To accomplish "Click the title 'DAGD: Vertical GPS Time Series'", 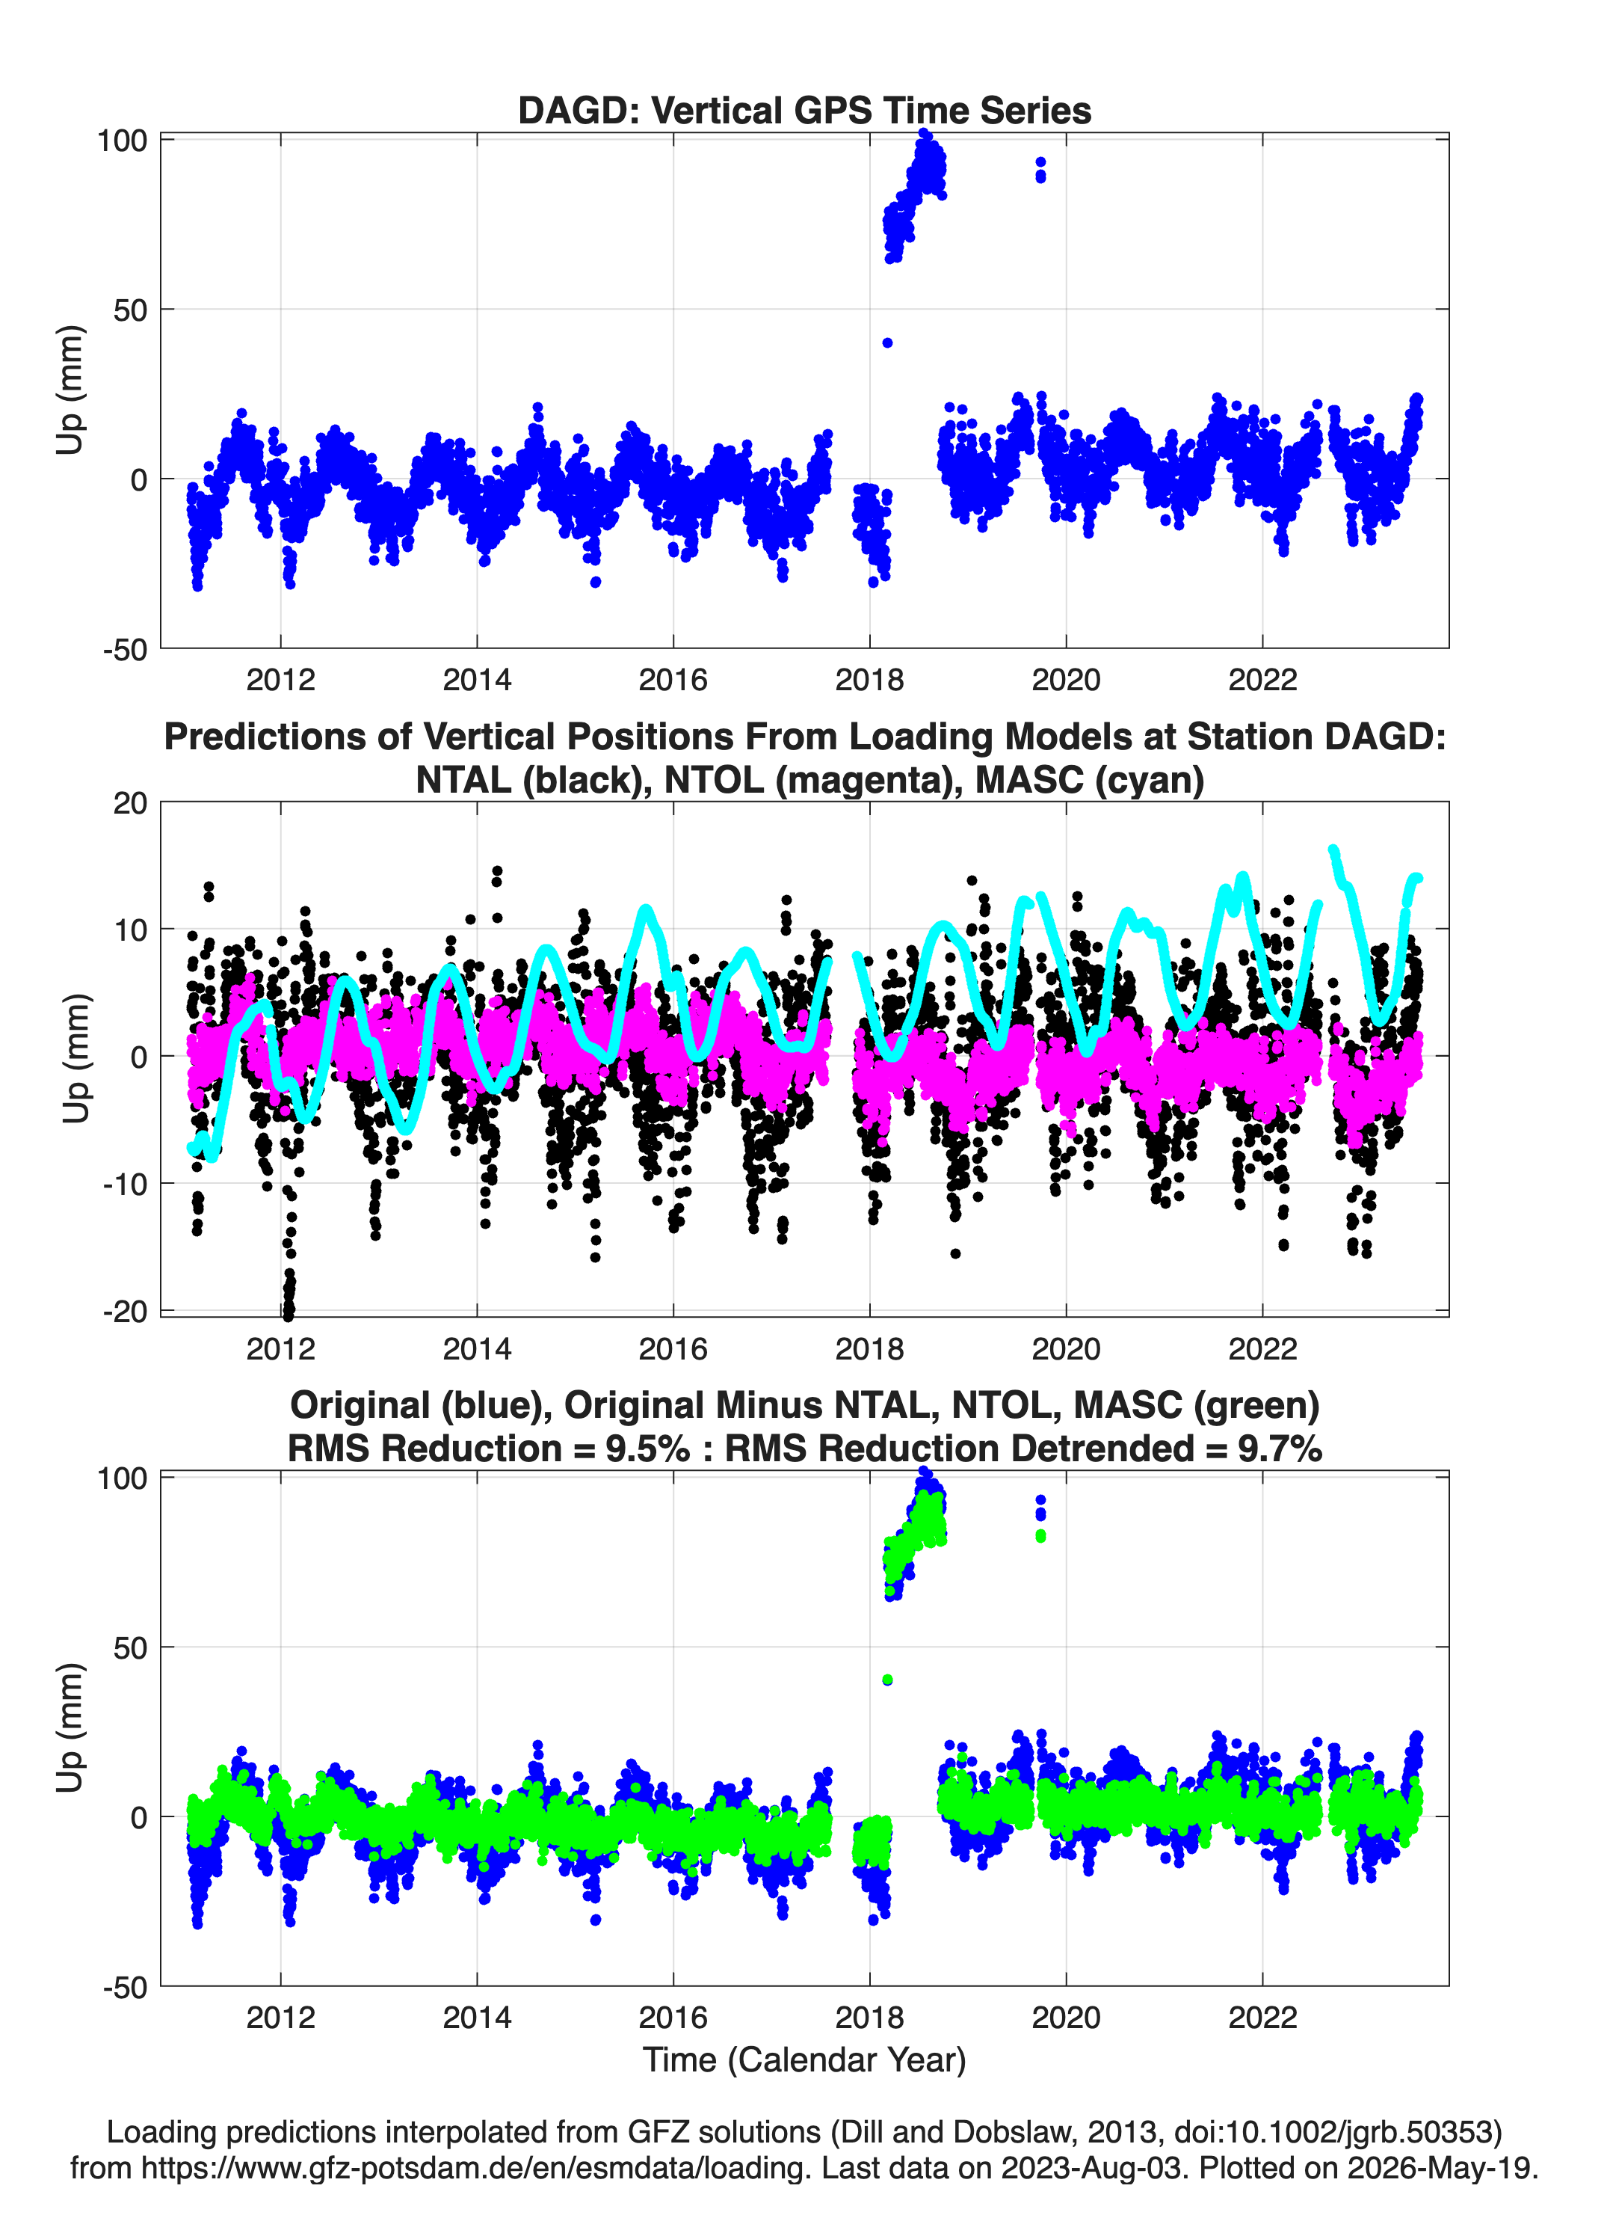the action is click(x=804, y=110).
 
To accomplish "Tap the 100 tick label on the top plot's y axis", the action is click(x=122, y=141).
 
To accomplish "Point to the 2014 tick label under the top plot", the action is click(x=477, y=680).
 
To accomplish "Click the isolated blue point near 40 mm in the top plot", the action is click(x=887, y=343).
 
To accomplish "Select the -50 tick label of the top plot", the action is click(x=125, y=650).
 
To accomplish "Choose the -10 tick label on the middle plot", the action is click(x=125, y=1184).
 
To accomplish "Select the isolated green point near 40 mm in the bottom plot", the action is click(x=887, y=1680).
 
